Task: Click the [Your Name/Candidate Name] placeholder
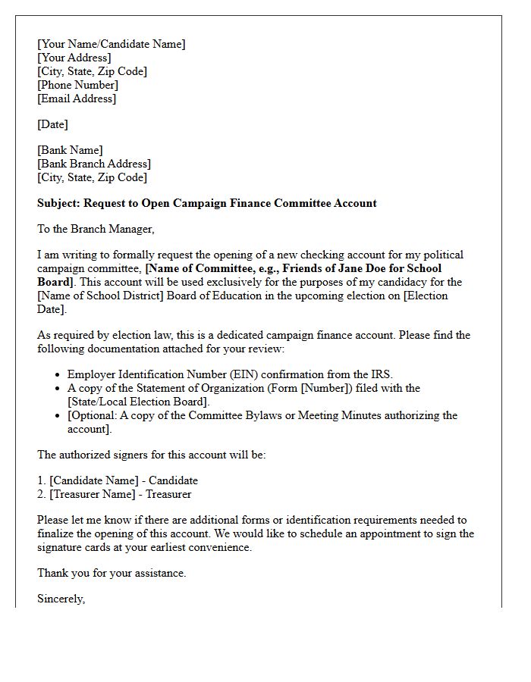(111, 44)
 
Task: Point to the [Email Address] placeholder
(77, 99)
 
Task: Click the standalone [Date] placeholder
(52, 124)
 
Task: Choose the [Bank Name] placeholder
(70, 150)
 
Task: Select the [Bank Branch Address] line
(94, 164)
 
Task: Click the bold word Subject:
(58, 203)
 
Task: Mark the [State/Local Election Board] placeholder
(137, 402)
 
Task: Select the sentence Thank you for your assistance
(112, 573)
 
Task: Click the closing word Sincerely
(61, 599)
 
